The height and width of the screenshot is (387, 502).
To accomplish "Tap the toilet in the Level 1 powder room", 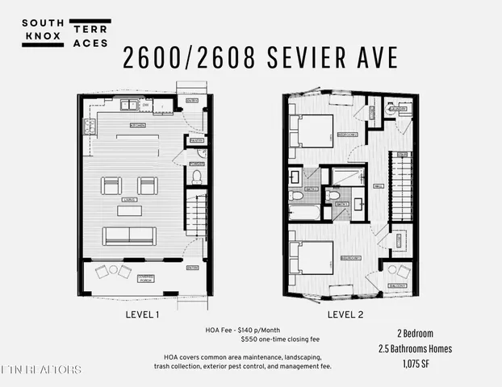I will pos(196,175).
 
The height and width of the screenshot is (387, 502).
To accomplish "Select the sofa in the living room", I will pos(128,235).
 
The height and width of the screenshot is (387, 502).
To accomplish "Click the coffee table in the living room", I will pos(129,210).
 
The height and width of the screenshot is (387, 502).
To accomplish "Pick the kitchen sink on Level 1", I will pos(129,105).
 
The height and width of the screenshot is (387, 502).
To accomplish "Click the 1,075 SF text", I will pos(414,364).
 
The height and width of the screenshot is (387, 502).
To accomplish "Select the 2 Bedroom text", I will pos(414,333).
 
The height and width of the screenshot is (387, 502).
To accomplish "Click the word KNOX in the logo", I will pos(43,37).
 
